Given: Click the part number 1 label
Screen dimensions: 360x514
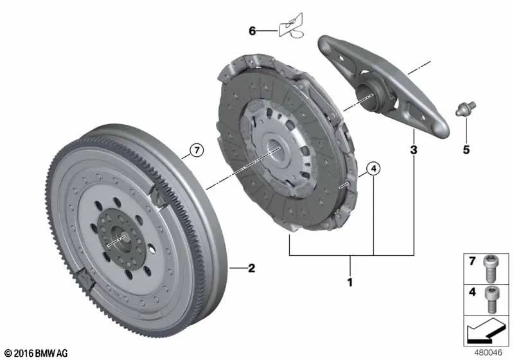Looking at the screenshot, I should point(350,282).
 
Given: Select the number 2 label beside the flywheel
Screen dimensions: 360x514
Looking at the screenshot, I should point(251,268).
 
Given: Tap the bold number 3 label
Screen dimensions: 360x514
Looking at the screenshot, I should point(414,151).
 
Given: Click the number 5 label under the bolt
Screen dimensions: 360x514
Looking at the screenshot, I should point(466,150).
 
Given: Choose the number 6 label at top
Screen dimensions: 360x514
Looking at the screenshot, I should point(253,30).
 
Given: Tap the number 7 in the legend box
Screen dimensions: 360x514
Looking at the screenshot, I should point(472,262).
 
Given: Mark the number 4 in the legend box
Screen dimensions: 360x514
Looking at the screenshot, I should point(472,291).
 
